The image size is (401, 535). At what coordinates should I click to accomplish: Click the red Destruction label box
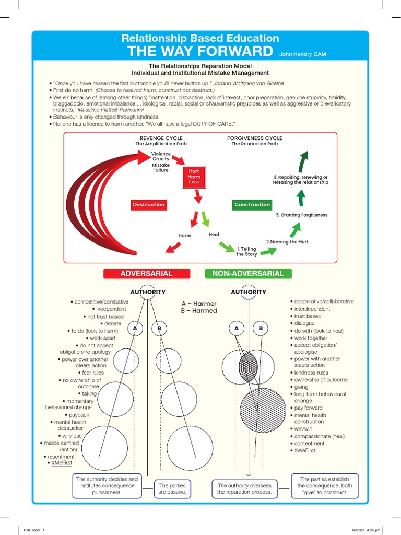point(148,205)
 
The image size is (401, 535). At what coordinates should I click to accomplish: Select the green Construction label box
point(252,205)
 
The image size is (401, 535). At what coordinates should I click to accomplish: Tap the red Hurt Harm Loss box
point(194,177)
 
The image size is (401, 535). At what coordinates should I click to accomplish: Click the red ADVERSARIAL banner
point(146,274)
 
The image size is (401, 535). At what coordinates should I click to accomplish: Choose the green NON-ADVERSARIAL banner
point(248,274)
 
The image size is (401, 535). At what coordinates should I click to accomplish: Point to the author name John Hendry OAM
point(303,54)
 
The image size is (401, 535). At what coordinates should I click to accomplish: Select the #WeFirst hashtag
point(304,450)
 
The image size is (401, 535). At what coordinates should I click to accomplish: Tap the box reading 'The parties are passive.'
point(173,489)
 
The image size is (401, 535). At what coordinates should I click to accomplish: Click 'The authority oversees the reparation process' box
point(245,489)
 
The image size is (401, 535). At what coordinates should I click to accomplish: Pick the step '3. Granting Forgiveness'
point(301,215)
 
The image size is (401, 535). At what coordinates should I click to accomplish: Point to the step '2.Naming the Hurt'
point(287,242)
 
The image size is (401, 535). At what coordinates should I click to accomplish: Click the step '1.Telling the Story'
point(247,252)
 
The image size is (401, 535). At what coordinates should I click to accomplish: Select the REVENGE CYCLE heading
point(161,138)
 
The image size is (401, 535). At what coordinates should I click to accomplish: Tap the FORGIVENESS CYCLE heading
point(254,138)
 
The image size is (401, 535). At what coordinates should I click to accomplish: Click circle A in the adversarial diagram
point(135,328)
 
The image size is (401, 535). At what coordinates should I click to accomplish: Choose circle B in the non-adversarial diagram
point(260,328)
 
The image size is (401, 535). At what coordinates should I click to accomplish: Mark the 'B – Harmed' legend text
point(198,311)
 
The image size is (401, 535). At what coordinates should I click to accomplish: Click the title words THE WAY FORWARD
point(200,51)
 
